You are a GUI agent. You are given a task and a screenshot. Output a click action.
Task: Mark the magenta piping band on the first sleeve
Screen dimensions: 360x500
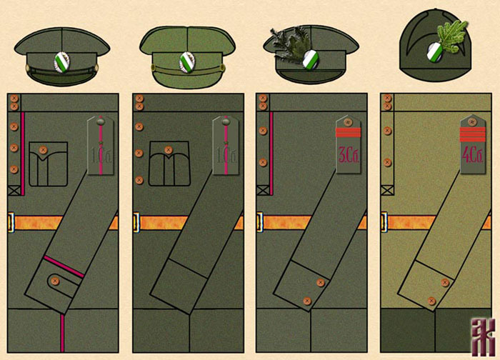tap(64, 266)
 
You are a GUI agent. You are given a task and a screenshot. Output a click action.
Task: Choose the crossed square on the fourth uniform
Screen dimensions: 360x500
tap(387, 189)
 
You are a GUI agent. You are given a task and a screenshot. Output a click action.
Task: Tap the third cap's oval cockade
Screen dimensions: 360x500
tap(310, 60)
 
